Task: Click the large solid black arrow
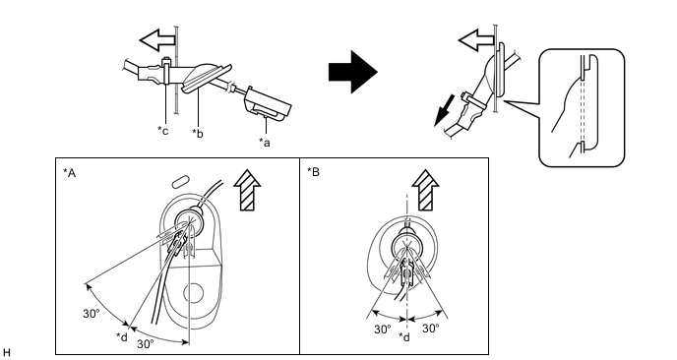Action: pyautogui.click(x=353, y=72)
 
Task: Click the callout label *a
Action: pyautogui.click(x=265, y=142)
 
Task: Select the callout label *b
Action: pyautogui.click(x=198, y=133)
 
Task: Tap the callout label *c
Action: pyautogui.click(x=162, y=130)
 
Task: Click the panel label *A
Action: pyautogui.click(x=70, y=173)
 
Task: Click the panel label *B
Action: pyautogui.click(x=314, y=172)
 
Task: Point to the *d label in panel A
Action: pyautogui.click(x=122, y=336)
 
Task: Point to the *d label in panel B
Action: pyautogui.click(x=404, y=336)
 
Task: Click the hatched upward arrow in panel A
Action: pyautogui.click(x=247, y=190)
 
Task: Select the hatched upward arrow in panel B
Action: pyautogui.click(x=425, y=190)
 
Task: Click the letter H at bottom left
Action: pyautogui.click(x=6, y=353)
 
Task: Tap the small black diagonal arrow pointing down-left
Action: pyautogui.click(x=445, y=111)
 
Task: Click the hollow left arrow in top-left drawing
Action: pyautogui.click(x=157, y=40)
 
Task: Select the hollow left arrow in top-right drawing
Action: pyautogui.click(x=476, y=40)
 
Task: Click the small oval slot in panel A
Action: pyautogui.click(x=180, y=182)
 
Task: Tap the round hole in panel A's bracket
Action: pyautogui.click(x=194, y=293)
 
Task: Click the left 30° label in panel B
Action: pyautogui.click(x=383, y=330)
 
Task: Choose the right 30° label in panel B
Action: pyautogui.click(x=430, y=329)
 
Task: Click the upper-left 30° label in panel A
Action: pyautogui.click(x=92, y=314)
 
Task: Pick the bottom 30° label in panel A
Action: pyautogui.click(x=146, y=344)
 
